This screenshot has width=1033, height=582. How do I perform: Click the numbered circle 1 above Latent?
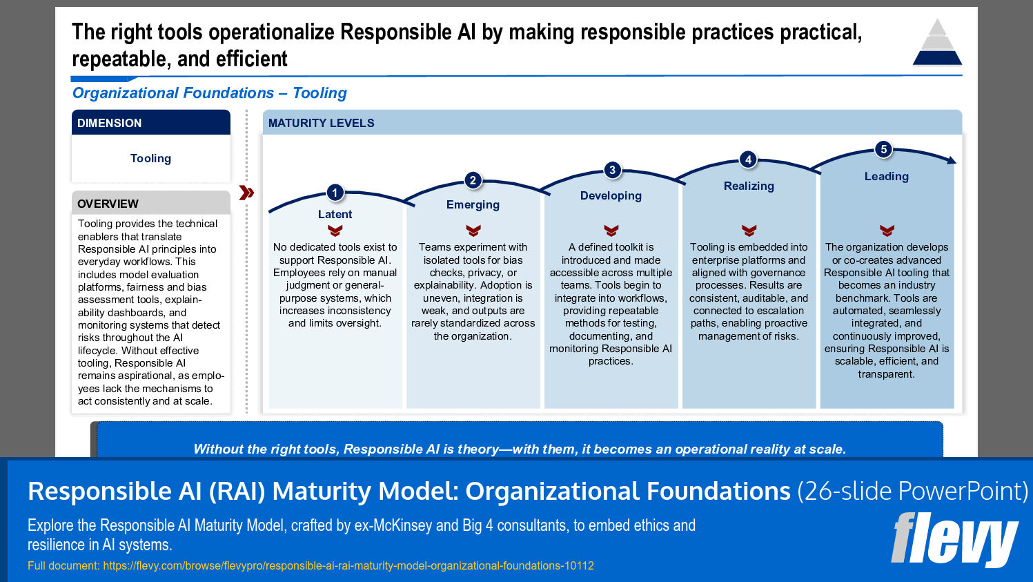point(335,193)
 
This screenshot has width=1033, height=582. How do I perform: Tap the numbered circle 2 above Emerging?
point(473,180)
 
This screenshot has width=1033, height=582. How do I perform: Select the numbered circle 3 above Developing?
point(611,170)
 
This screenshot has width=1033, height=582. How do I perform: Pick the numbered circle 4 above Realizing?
point(749,159)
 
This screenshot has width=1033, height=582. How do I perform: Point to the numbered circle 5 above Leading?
point(883,149)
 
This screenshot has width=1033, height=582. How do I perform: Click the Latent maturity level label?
point(335,214)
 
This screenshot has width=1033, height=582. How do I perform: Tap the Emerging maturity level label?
point(473,204)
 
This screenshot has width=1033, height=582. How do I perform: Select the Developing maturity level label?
point(611,195)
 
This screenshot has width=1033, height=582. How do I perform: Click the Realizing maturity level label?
point(749,186)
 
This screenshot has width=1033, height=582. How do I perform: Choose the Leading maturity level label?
point(886,176)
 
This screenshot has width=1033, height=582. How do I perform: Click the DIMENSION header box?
point(150,123)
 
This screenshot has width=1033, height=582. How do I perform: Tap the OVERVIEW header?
point(150,204)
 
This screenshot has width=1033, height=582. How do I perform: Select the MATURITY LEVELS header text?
point(321,123)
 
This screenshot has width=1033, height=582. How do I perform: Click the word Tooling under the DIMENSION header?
point(150,158)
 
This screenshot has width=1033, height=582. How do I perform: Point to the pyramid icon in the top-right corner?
point(937,43)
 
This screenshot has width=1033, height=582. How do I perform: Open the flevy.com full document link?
point(348,565)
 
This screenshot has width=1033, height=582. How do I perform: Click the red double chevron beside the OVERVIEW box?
point(246,193)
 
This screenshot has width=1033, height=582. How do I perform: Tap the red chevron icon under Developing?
point(611,231)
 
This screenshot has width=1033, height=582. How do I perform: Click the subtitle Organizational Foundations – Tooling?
point(209,93)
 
